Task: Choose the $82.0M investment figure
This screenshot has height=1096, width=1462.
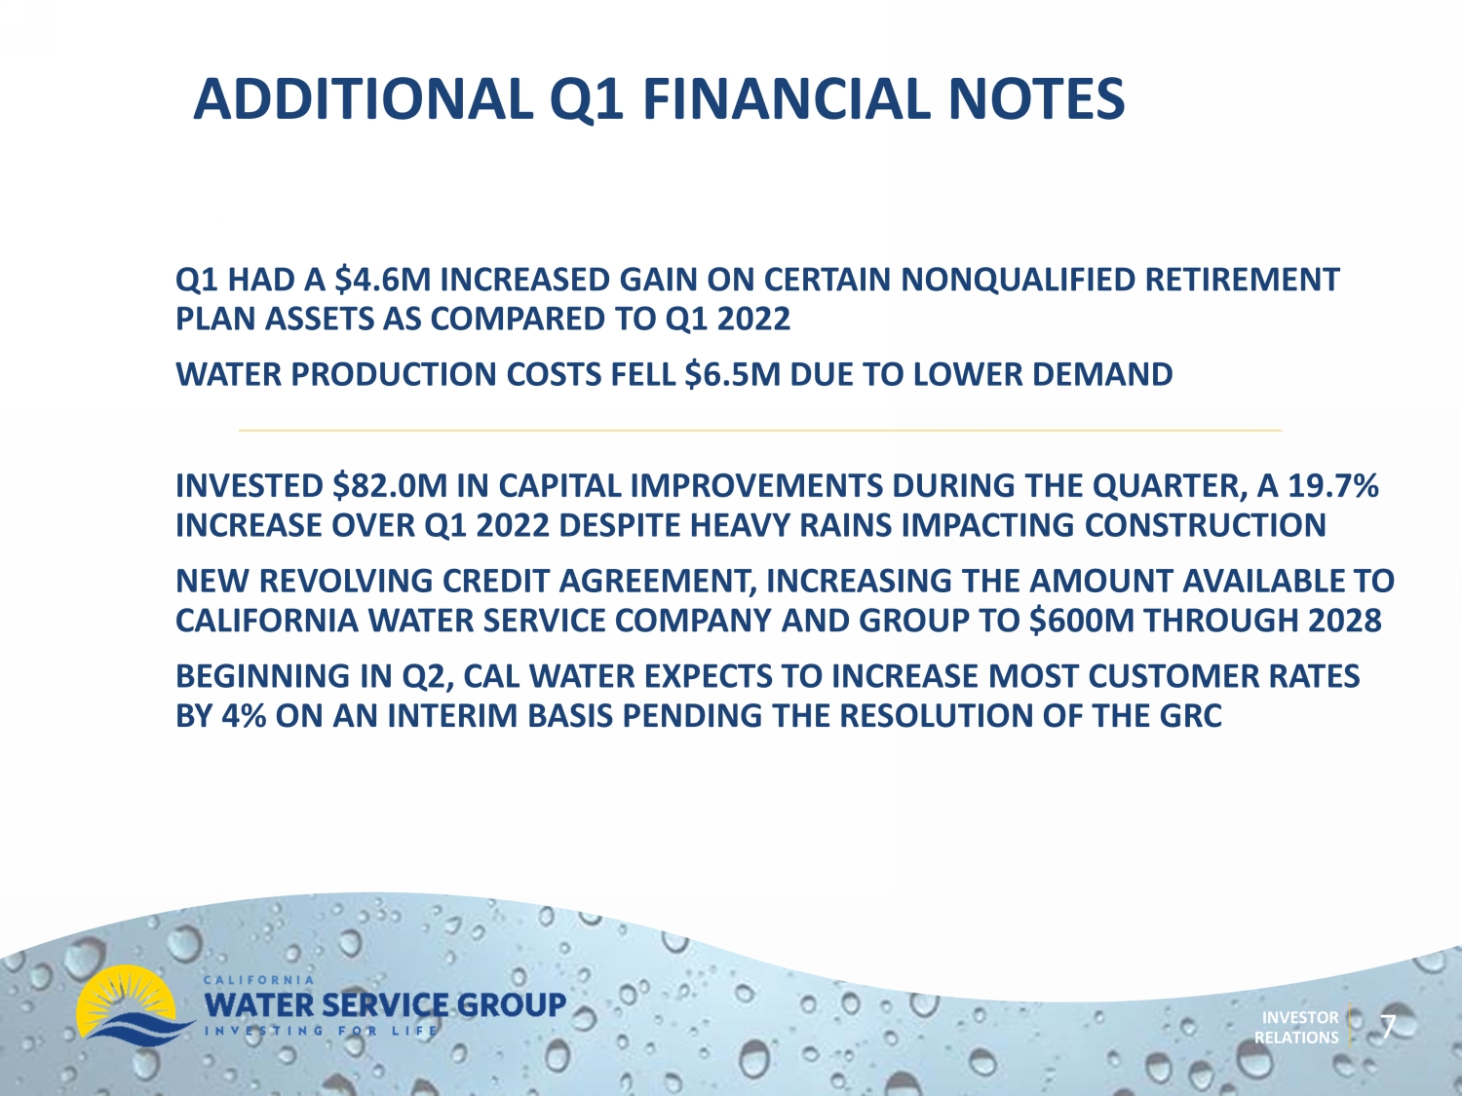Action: [390, 486]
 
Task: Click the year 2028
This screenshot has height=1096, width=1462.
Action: [1344, 621]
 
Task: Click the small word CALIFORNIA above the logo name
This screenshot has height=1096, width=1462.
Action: [258, 980]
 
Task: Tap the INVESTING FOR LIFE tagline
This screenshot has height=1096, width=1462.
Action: [321, 1031]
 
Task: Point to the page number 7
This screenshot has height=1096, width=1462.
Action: [1388, 1027]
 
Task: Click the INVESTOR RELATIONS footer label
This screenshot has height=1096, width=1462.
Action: [1297, 1028]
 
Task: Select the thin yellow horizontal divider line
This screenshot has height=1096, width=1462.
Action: [760, 431]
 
